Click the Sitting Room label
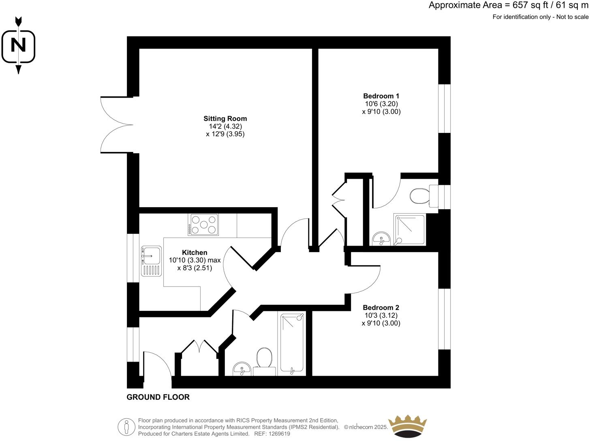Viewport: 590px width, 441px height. pos(225,119)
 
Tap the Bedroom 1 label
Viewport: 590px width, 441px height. pos(381,96)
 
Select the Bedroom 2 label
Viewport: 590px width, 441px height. pos(381,308)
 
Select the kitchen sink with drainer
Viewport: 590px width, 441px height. pos(151,261)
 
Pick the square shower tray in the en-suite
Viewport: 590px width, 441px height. pos(410,230)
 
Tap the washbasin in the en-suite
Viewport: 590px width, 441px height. pos(381,239)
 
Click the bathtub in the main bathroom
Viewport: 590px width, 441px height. pos(292,343)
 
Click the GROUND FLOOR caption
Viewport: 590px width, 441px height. pos(158,397)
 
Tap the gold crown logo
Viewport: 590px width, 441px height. pos(408,426)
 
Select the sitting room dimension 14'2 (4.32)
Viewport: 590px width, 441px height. pos(225,126)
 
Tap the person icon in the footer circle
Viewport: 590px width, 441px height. pos(126,427)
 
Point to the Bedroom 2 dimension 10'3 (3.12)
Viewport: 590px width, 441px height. pos(381,315)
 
